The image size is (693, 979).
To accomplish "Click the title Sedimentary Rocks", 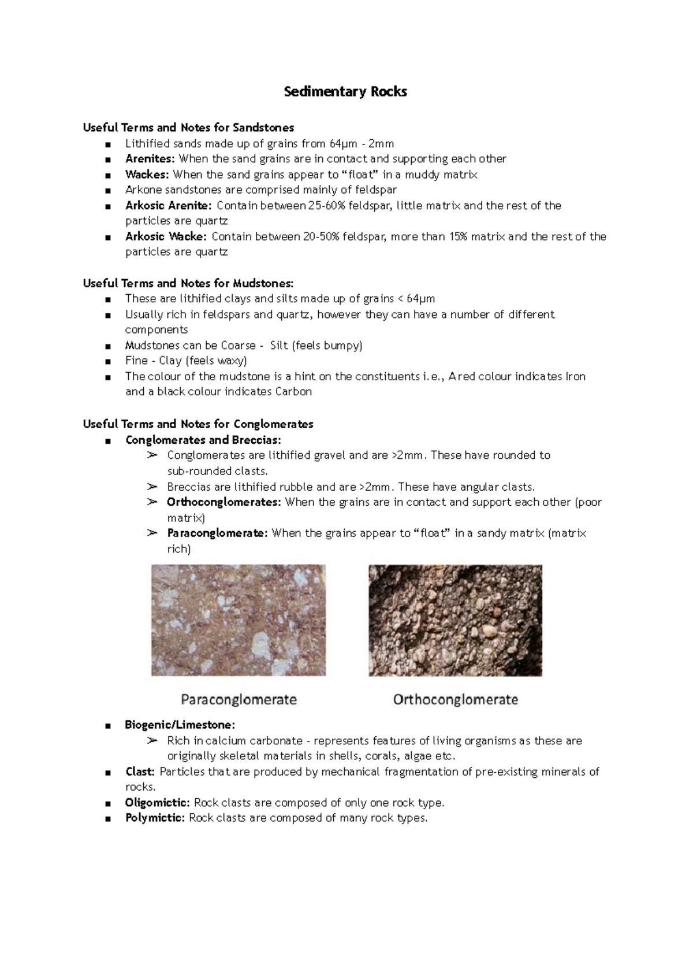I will pyautogui.click(x=345, y=91).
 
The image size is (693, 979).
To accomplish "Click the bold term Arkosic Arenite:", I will pyautogui.click(x=168, y=206).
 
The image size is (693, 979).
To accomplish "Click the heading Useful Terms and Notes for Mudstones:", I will pyautogui.click(x=188, y=283).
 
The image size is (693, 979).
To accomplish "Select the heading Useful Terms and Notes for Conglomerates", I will pyautogui.click(x=198, y=424).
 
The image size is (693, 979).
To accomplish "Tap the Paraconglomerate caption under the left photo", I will pyautogui.click(x=239, y=700).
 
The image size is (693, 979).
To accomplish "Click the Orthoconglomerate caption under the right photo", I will pyautogui.click(x=455, y=700).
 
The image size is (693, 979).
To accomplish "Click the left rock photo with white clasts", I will pyautogui.click(x=239, y=620).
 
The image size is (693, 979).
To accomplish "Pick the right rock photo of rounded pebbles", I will pyautogui.click(x=455, y=620).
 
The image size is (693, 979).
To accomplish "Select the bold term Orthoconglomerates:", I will pyautogui.click(x=223, y=502).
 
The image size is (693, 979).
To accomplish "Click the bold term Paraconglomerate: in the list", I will pyautogui.click(x=217, y=533).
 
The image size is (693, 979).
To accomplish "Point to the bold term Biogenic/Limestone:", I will pyautogui.click(x=180, y=725).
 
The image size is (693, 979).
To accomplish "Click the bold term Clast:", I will pyautogui.click(x=140, y=772).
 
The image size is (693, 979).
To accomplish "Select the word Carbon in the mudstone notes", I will pyautogui.click(x=293, y=392).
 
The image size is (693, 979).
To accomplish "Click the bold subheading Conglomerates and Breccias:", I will pyautogui.click(x=203, y=440).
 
